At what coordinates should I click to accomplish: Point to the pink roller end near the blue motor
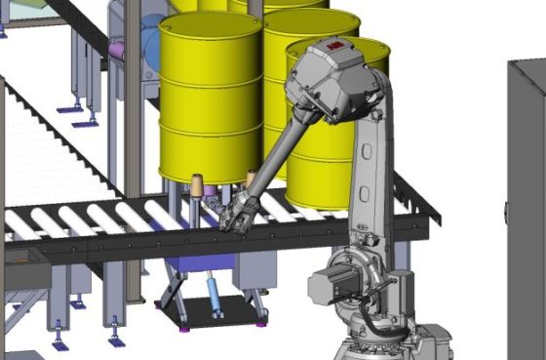click(x=118, y=50)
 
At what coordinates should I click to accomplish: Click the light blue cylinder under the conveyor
click(x=213, y=297)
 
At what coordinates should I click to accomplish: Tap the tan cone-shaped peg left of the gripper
click(x=196, y=185)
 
